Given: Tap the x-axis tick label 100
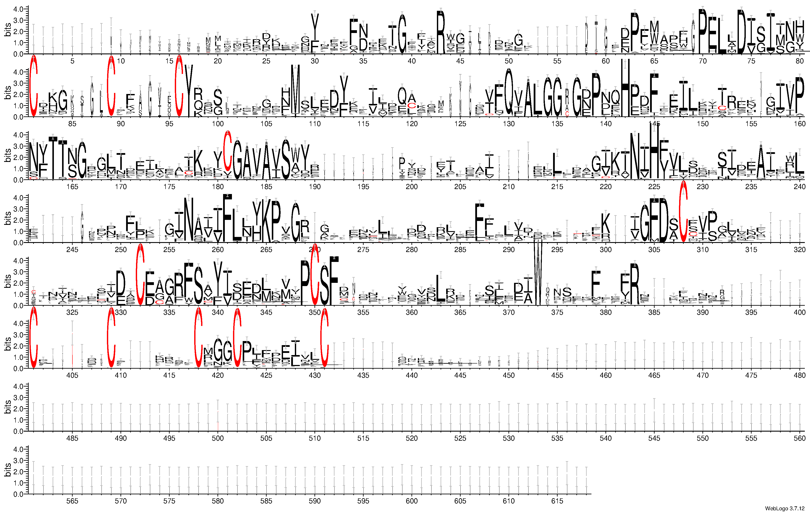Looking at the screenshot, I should tap(218, 124).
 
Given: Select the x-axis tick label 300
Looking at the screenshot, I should tap(605, 250).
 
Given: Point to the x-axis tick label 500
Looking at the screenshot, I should tap(218, 438).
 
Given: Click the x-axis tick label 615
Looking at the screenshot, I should tap(557, 501).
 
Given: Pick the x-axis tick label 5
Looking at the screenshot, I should tap(72, 61).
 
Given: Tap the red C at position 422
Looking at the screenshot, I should tap(238, 338).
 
